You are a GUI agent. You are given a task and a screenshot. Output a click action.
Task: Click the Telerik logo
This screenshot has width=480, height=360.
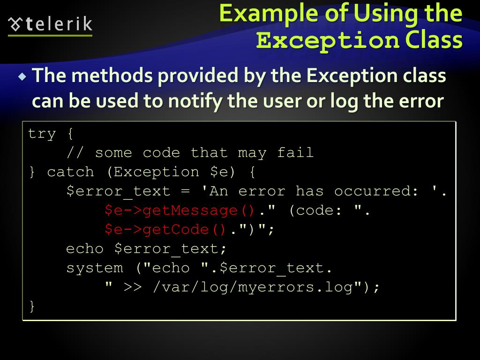[51, 24]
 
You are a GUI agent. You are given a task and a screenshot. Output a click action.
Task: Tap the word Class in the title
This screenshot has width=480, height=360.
[434, 40]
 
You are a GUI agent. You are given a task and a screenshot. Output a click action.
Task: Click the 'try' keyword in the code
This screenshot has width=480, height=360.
[42, 134]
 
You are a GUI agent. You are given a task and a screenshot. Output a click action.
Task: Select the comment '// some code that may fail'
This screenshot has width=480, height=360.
[190, 153]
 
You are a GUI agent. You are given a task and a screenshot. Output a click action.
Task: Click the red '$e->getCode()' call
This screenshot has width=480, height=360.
[165, 230]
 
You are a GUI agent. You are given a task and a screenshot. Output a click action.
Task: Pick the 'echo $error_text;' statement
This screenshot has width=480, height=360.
[146, 249]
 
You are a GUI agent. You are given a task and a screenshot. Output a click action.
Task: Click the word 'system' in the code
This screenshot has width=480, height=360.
[94, 268]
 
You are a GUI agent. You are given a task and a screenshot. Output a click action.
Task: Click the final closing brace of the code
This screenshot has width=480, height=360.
[32, 307]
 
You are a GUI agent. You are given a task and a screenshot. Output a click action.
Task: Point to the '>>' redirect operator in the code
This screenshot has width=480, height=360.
[132, 287]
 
